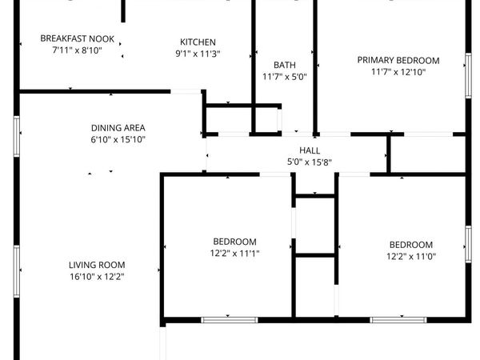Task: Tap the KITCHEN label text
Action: (x=198, y=42)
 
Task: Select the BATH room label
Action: (x=285, y=66)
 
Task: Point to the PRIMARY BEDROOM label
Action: (x=398, y=60)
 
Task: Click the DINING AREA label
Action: (x=118, y=127)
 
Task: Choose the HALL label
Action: (x=310, y=150)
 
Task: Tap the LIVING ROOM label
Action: (x=97, y=265)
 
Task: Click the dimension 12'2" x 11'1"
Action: (x=234, y=254)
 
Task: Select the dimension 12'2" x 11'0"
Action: (x=410, y=257)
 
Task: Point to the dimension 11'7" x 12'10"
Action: (x=398, y=72)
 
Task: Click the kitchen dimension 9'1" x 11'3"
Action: (x=198, y=54)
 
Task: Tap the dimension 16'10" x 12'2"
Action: (x=97, y=277)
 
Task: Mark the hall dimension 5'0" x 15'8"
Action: (x=310, y=162)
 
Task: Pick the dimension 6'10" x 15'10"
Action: (x=118, y=139)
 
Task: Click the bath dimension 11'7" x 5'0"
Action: (x=285, y=78)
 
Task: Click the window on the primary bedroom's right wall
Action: (x=469, y=76)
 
